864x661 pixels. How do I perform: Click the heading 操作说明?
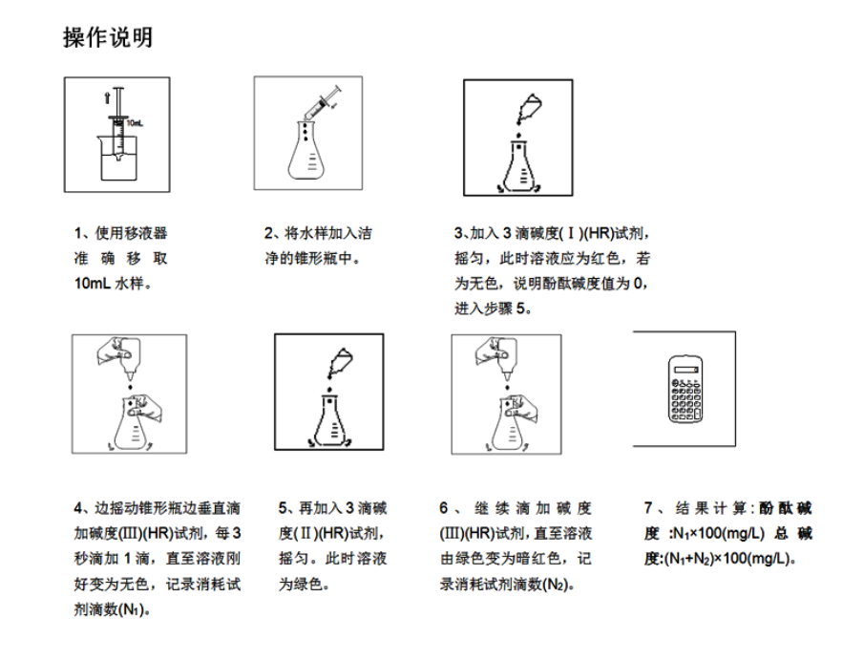(107, 38)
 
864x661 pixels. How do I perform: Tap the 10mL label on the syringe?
(135, 123)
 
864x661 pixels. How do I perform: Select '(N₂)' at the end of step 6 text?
(557, 585)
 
